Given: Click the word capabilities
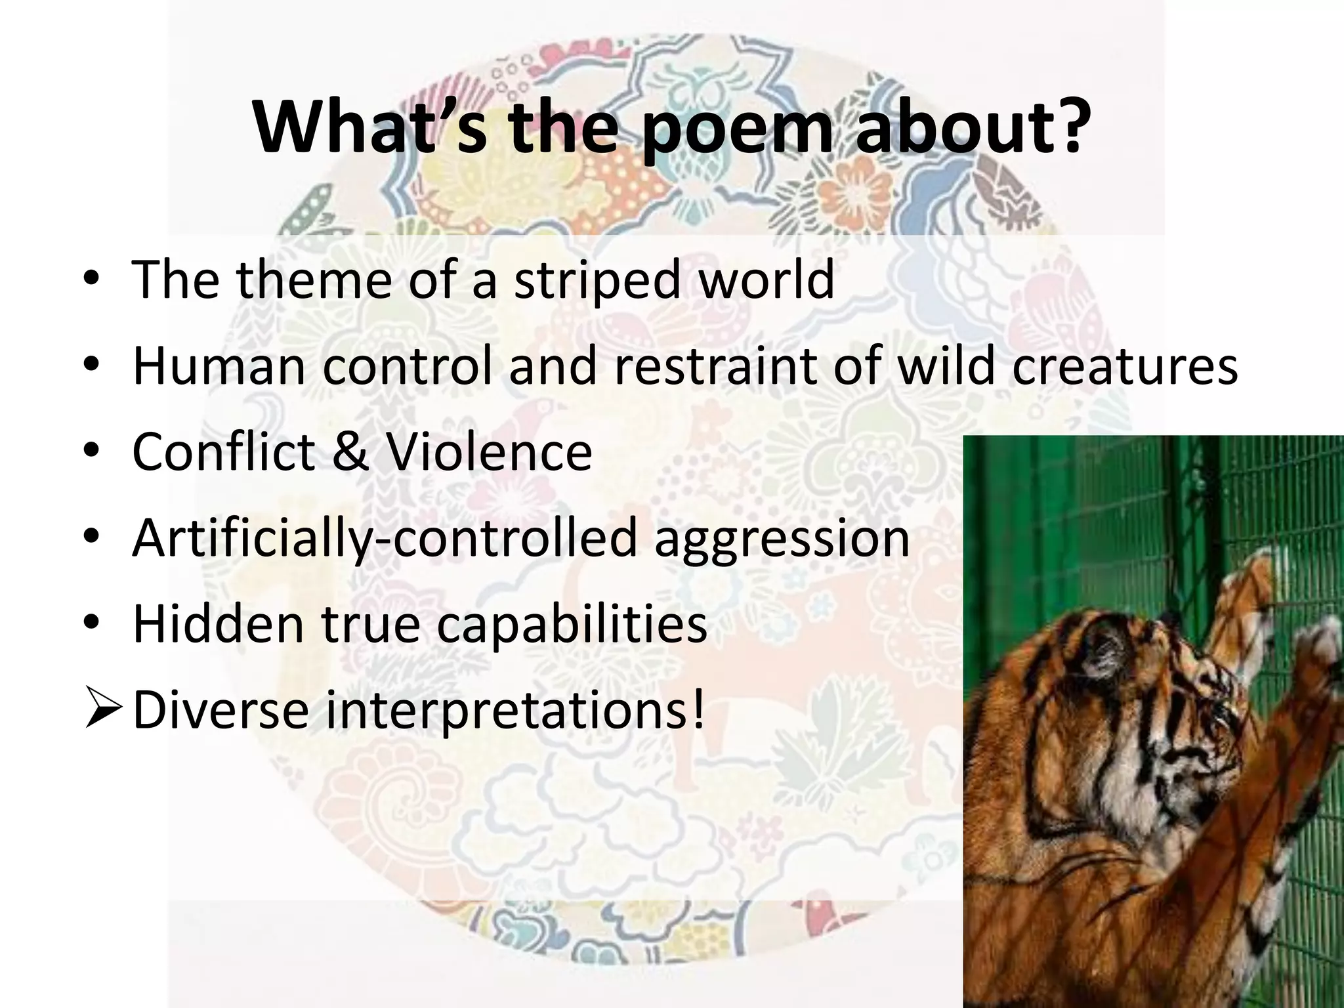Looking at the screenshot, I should click(x=572, y=625).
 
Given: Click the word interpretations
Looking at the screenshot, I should click(x=507, y=711).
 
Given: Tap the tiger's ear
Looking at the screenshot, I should click(x=1109, y=650).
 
